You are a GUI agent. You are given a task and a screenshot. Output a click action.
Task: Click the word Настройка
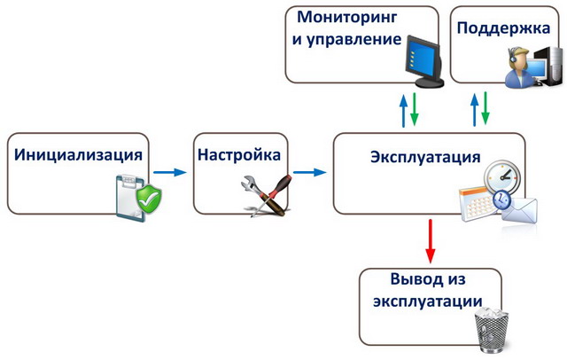239,154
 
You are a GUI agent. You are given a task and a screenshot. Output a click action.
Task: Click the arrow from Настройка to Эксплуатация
308,171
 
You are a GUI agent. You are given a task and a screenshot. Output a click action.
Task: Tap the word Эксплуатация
425,157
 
